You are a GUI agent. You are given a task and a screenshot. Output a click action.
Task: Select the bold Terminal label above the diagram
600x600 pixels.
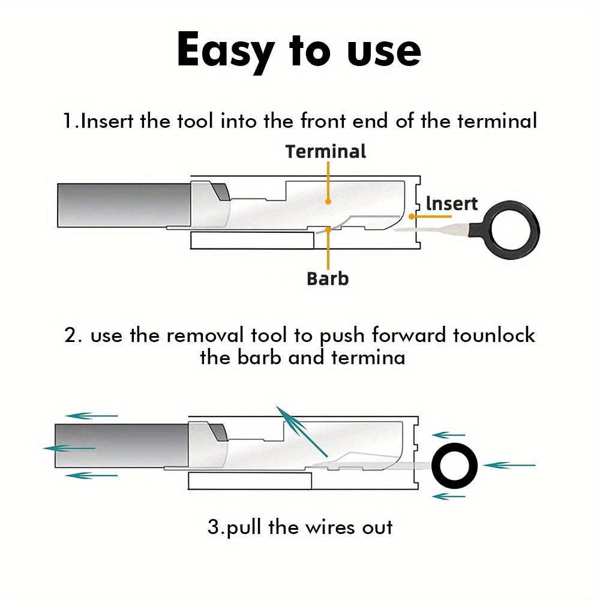pos(326,151)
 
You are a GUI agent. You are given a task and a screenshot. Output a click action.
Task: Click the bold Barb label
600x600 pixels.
pos(328,278)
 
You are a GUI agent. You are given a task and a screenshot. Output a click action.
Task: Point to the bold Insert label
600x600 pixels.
pos(451,204)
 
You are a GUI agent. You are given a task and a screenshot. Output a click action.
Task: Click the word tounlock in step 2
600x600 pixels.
pos(494,335)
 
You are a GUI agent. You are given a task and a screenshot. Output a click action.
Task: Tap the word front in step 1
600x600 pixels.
pos(323,121)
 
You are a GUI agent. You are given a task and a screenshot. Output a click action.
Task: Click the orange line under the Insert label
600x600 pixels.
pos(429,215)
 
